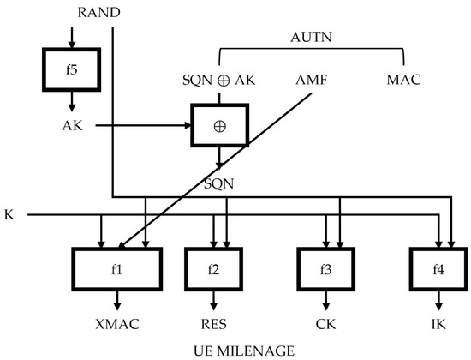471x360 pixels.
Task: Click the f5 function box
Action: point(71,69)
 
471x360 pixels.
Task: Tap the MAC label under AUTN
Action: point(404,80)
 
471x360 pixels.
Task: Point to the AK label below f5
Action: point(72,125)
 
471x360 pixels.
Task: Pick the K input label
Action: point(9,213)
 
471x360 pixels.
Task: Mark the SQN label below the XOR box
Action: point(221,183)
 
